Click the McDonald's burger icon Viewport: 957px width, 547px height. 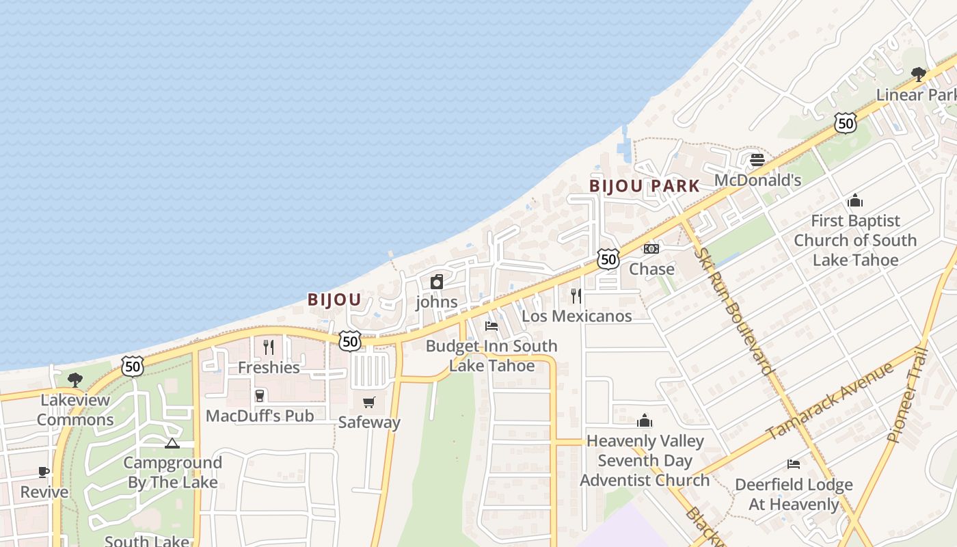[757, 160]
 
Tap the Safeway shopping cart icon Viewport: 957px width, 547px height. [369, 402]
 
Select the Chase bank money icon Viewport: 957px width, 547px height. [651, 249]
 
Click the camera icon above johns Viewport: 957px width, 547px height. [437, 281]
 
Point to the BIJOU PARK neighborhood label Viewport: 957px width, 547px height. [645, 186]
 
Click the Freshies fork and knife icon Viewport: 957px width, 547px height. [269, 347]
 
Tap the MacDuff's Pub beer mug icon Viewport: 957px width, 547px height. [260, 395]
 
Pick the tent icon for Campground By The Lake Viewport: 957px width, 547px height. [172, 443]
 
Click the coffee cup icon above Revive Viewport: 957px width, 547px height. [44, 472]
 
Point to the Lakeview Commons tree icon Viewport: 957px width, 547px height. [75, 379]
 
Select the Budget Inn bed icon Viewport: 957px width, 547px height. [491, 326]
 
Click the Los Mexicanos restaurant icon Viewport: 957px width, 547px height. [576, 295]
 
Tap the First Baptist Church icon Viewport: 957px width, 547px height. [854, 200]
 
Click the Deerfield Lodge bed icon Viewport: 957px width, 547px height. [793, 464]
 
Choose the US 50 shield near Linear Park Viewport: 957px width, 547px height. [846, 123]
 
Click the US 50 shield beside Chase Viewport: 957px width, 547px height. [608, 258]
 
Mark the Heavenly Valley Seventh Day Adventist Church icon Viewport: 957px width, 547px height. [645, 421]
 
